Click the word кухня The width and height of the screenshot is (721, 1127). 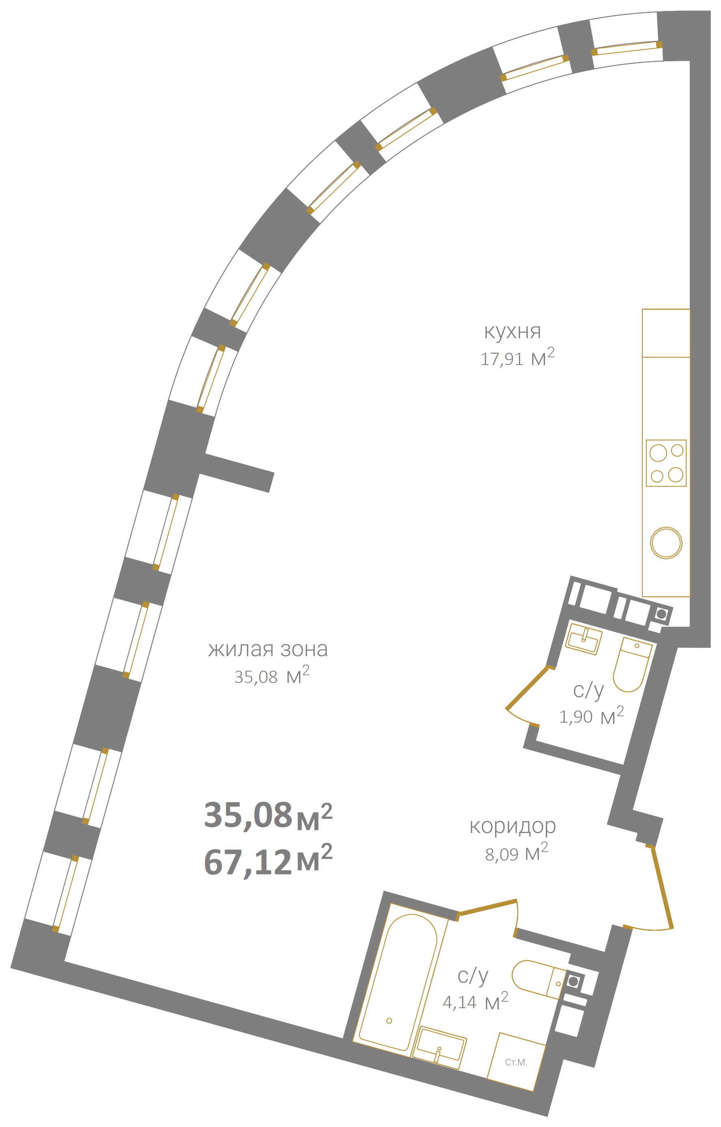pos(513,331)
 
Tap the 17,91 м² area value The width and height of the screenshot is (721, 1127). pos(517,357)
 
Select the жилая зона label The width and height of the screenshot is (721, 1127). pos(268,649)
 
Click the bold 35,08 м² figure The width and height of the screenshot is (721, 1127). pos(268,815)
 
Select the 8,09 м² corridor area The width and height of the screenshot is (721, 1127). pos(517,853)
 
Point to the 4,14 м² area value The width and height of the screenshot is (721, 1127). pos(475,1002)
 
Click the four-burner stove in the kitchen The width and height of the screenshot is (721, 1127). pos(666,463)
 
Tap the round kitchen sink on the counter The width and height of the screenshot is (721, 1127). pos(666,543)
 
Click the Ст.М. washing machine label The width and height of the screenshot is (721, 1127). pos(516,1063)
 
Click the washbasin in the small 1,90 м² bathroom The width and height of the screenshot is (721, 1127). pos(583,639)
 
